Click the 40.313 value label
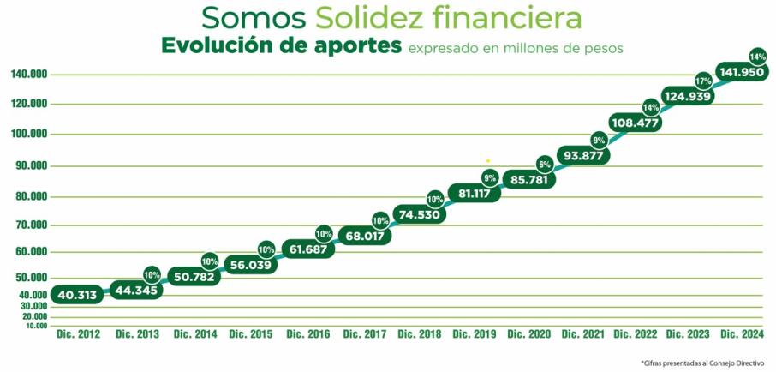(x=77, y=295)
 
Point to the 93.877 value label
(x=583, y=155)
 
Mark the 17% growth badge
(x=703, y=81)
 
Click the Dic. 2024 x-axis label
(x=742, y=333)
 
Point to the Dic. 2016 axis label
(x=307, y=333)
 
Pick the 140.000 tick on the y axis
(x=28, y=75)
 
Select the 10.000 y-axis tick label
(x=35, y=326)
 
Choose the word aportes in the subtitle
(x=350, y=45)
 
